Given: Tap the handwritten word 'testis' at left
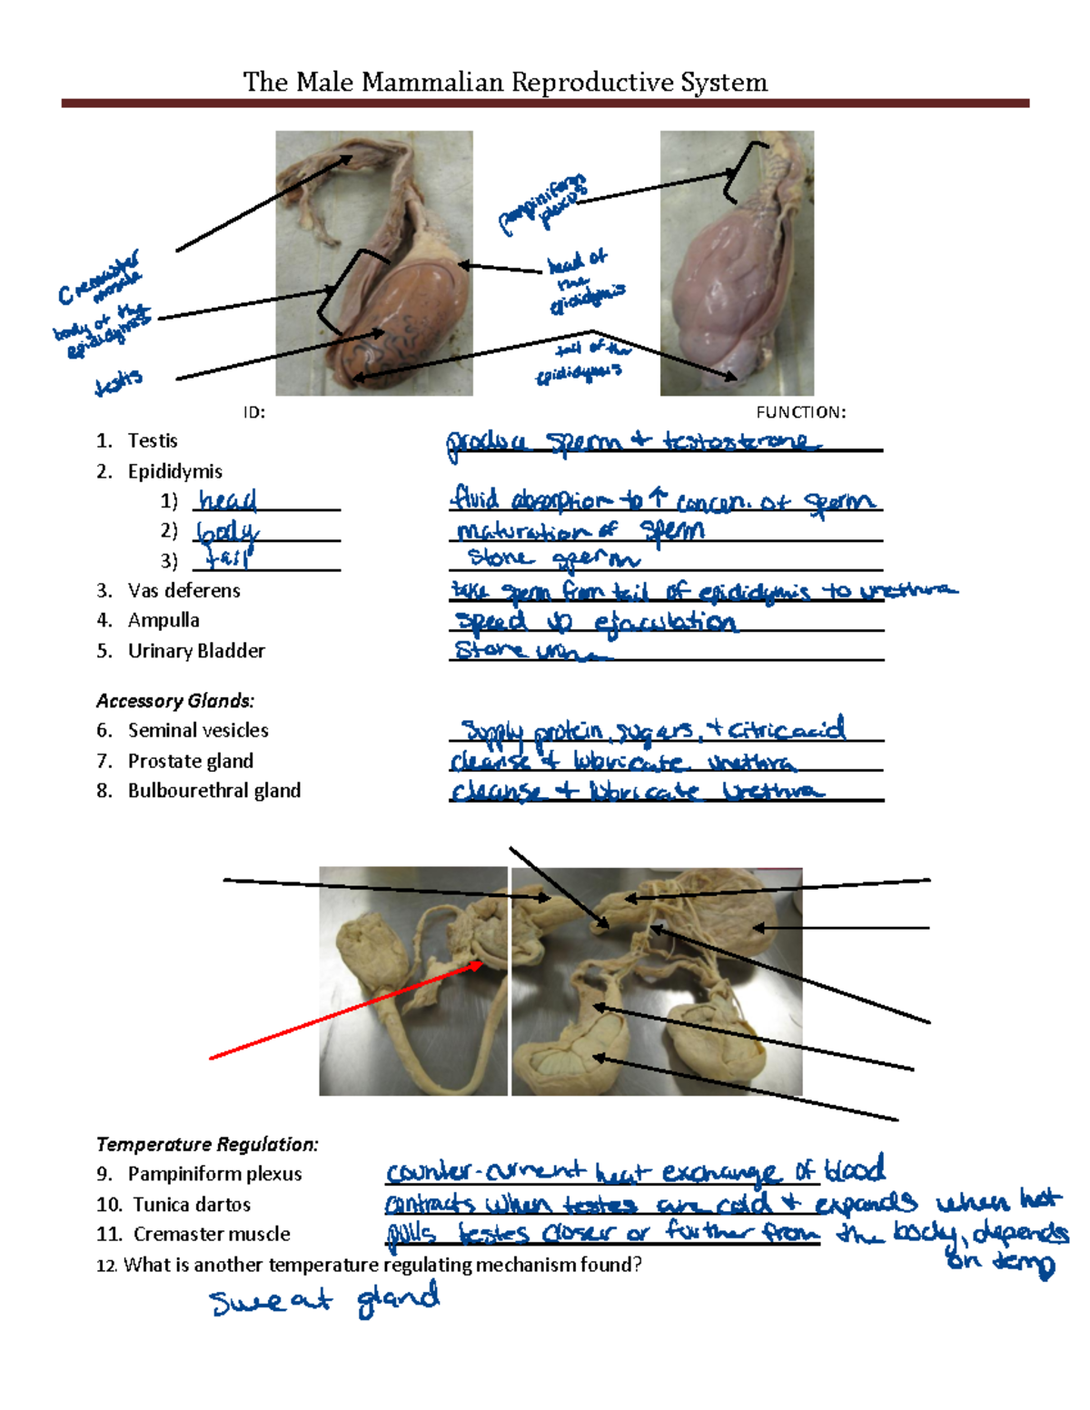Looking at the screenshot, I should point(119,383).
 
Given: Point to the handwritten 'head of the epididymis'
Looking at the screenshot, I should point(585,282).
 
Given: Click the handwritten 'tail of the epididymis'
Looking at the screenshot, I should point(580,361).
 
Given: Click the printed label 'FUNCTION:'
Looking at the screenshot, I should point(800,412).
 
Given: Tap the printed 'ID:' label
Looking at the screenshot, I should point(253,412).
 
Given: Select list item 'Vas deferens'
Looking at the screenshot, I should point(183,590).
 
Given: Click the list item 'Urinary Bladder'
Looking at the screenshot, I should point(196,651).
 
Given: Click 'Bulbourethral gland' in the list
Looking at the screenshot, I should point(213,791).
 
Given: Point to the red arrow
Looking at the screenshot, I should point(345,1011).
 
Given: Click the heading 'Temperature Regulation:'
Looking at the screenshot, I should point(207,1144).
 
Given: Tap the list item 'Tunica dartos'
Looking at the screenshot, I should point(192,1205).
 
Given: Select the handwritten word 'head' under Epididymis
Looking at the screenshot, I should point(228,500).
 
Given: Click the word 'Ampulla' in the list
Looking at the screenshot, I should point(163,620).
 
